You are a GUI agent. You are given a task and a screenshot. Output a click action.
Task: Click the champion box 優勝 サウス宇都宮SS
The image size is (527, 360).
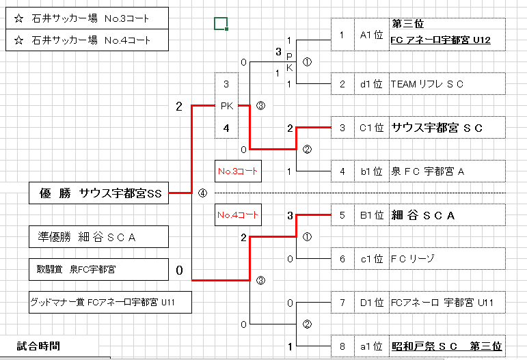[99, 193]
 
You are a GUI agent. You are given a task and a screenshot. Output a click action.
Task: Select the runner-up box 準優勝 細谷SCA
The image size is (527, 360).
[99, 237]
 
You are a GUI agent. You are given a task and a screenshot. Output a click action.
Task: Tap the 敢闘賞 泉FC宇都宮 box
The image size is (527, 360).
[99, 270]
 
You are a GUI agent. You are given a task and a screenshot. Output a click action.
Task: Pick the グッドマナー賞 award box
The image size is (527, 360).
[110, 302]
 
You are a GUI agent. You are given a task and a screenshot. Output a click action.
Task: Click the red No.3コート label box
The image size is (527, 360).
[238, 171]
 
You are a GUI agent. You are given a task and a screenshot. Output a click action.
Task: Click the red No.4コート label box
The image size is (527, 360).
[238, 215]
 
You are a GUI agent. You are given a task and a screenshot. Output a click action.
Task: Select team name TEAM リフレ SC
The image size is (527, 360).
[427, 84]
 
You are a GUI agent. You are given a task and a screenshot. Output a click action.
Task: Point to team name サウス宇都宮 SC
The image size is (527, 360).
[437, 128]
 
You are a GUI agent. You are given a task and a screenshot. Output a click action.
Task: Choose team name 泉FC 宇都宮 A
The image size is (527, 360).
[427, 171]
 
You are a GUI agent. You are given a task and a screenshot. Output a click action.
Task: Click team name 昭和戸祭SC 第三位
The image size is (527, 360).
[446, 346]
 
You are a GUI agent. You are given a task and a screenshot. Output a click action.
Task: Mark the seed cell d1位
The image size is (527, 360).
[372, 84]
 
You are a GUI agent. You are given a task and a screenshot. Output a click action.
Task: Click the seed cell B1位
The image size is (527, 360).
[372, 215]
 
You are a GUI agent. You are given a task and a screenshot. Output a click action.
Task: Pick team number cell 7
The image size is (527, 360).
[342, 303]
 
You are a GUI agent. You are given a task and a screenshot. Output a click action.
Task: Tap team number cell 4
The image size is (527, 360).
[342, 171]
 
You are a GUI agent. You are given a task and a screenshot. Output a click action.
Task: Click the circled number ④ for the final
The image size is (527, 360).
[202, 193]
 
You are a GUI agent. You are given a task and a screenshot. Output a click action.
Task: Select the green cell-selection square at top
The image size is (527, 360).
[220, 24]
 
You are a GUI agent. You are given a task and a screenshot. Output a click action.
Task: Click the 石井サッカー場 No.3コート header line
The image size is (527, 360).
[87, 18]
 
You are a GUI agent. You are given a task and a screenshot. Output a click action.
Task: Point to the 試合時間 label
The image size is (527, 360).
[39, 346]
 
